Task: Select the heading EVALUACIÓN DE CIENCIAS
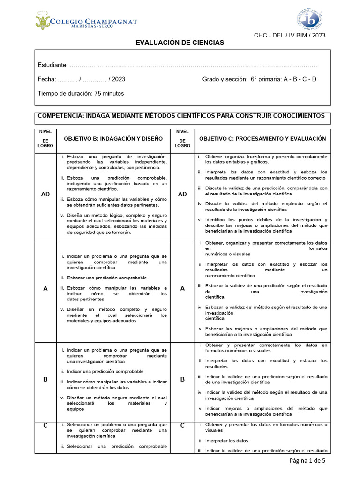point(180,43)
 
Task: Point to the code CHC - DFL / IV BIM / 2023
point(289,36)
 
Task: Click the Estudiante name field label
point(52,65)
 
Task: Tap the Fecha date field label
point(47,79)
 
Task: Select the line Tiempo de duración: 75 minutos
point(81,93)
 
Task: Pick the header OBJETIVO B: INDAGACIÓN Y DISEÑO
point(113,139)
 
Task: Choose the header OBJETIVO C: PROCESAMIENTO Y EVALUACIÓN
point(262,139)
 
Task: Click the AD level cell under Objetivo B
point(45,194)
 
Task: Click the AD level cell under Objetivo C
point(182,194)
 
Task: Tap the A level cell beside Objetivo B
point(45,289)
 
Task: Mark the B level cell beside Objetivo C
point(182,379)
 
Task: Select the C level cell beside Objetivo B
point(45,425)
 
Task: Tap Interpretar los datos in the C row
point(226,441)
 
